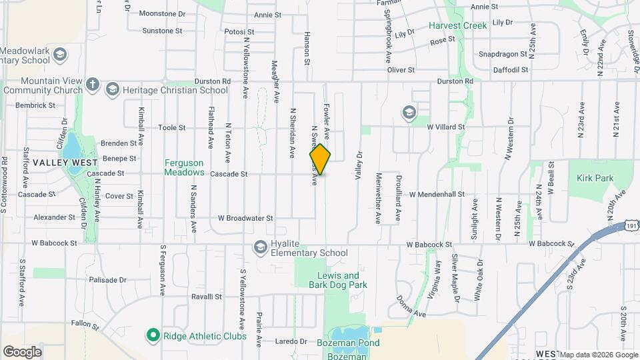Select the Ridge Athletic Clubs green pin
pos(153,335)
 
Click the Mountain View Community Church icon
pos(93,85)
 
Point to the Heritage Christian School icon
pos(112,89)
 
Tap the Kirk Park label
pos(595,179)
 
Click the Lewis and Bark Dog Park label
pos(338,280)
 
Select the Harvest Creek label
pos(457,26)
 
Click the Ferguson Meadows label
pos(184,167)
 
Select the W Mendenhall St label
pos(437,195)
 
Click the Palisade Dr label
pos(107,280)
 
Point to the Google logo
pos(22,351)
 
